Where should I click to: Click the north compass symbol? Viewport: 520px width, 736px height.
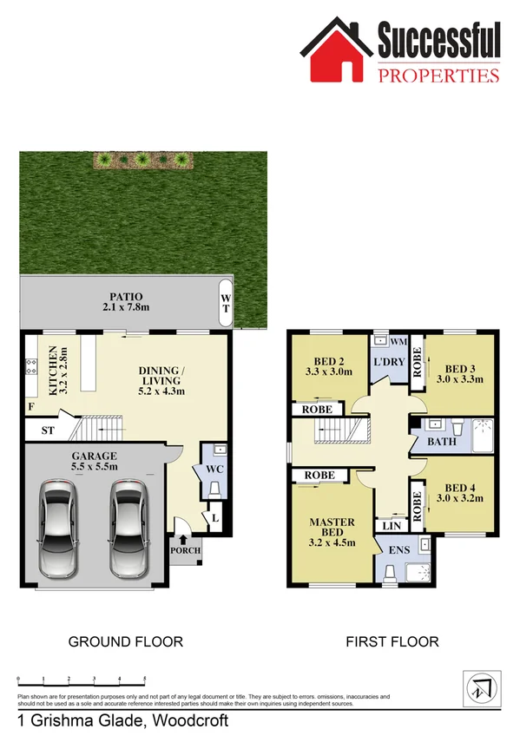479,687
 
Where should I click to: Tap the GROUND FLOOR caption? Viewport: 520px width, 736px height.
126,642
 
